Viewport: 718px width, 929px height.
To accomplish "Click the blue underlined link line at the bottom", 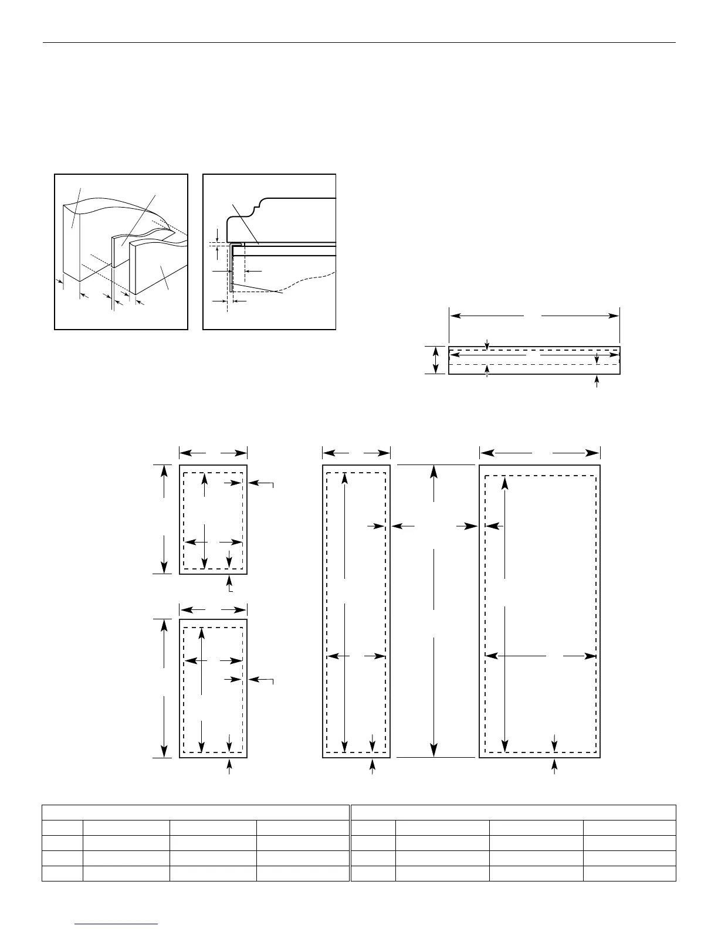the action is [117, 924].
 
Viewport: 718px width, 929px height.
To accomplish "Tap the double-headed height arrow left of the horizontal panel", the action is [435, 360].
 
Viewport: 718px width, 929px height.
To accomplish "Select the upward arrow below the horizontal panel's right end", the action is [597, 382].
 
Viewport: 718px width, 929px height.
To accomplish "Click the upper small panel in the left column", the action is [213, 519].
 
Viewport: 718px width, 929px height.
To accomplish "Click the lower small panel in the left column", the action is [213, 688].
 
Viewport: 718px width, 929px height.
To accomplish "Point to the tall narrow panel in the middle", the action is [356, 611].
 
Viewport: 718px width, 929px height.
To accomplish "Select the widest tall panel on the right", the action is [540, 611].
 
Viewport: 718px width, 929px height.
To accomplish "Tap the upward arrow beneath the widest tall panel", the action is [555, 765].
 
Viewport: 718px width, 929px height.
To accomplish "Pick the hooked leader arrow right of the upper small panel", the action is [261, 483].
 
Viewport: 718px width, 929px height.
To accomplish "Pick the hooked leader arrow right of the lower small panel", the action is [261, 680].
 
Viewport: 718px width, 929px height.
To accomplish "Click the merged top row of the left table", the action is [195, 812].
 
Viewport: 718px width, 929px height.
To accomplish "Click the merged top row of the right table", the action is [513, 812].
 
